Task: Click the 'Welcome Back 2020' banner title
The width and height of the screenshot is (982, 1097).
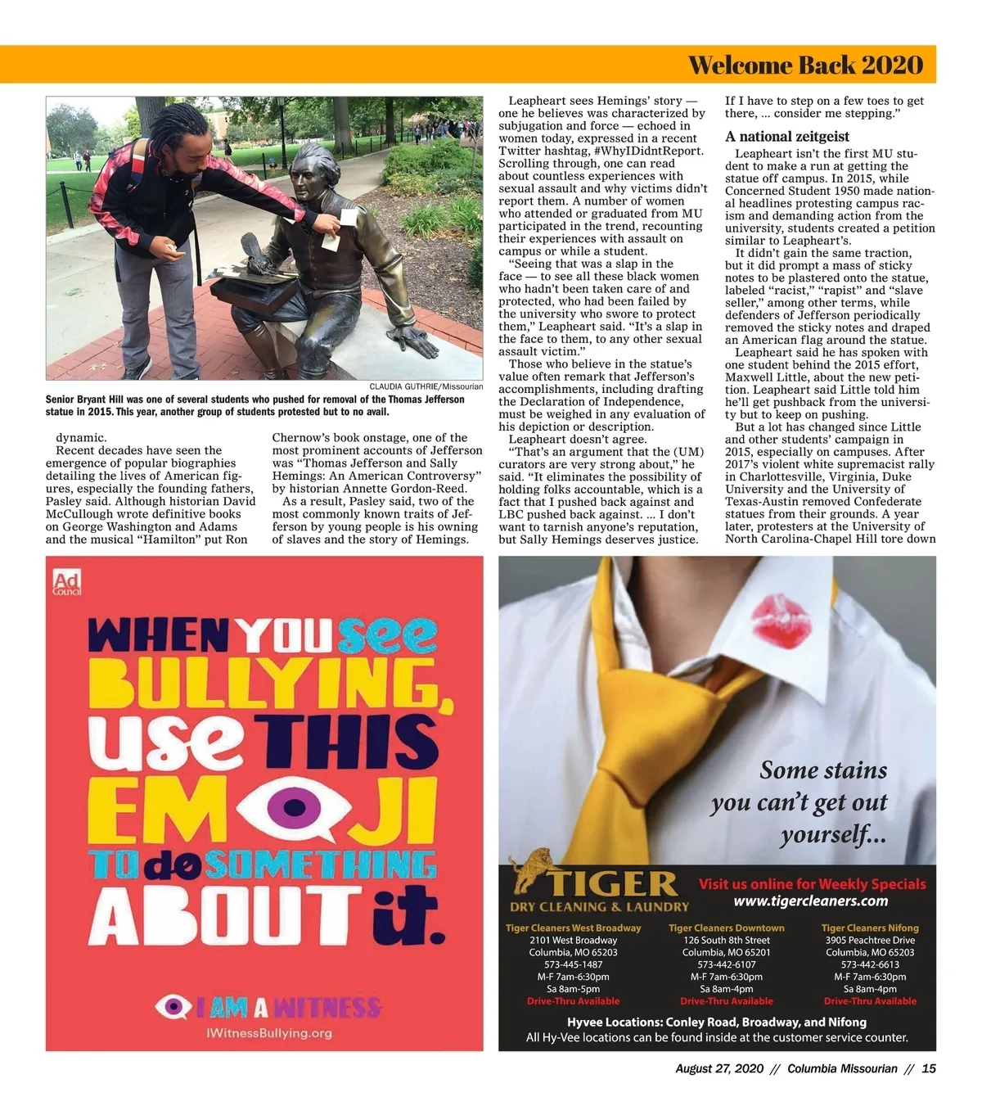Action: [x=805, y=65]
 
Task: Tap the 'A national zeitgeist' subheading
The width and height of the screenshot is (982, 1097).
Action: [x=787, y=137]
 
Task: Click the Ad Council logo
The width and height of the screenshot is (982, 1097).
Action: [x=66, y=582]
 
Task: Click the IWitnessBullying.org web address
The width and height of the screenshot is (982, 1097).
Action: [x=269, y=1033]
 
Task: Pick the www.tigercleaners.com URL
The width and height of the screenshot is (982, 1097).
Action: [x=810, y=901]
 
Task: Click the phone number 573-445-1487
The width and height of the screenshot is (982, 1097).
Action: [x=573, y=964]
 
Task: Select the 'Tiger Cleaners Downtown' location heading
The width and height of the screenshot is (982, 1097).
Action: [x=726, y=928]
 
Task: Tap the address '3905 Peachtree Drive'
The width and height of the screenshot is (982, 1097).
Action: [x=870, y=940]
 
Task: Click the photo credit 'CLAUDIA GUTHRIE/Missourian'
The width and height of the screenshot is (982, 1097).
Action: [x=426, y=386]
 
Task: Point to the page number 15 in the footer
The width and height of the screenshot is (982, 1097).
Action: [x=929, y=1068]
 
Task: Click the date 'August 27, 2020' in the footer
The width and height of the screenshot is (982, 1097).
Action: [x=719, y=1068]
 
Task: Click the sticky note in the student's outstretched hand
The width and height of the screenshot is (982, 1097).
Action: [x=348, y=218]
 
